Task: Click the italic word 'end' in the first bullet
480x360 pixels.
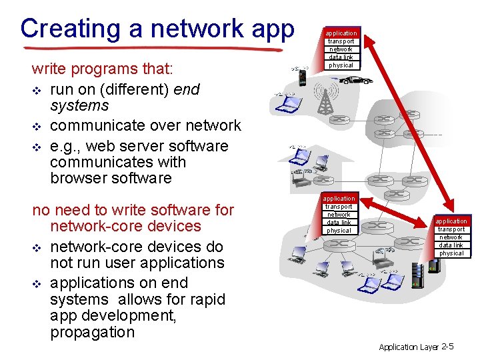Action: [x=187, y=89]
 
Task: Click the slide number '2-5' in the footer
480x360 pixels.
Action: [x=447, y=347]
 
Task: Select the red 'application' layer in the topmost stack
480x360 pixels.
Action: [x=341, y=33]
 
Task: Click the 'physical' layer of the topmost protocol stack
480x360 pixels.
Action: [x=341, y=65]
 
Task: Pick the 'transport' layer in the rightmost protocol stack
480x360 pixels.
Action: [x=451, y=229]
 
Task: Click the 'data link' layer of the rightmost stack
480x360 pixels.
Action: [x=451, y=245]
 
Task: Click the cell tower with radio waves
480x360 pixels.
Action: [x=325, y=97]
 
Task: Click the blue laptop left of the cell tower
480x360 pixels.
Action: [x=285, y=103]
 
